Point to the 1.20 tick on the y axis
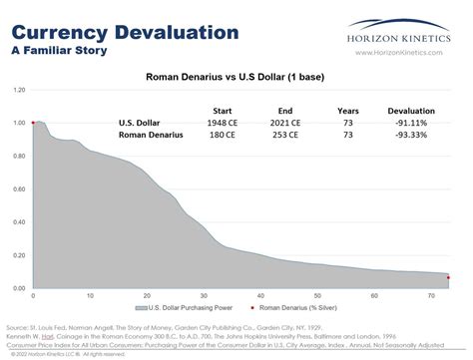tap(18, 90)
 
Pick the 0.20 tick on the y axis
tap(18, 255)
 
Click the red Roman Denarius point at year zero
tap(33, 123)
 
